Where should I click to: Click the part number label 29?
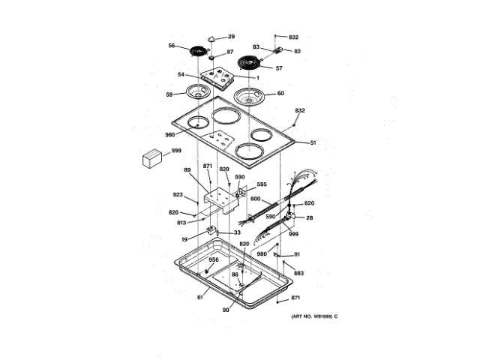[231, 37]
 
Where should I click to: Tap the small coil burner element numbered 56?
[198, 50]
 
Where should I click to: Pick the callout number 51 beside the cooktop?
[313, 142]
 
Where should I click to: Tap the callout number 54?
[181, 74]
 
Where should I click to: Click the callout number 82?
[297, 51]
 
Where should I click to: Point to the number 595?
[262, 184]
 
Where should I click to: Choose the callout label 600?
[255, 199]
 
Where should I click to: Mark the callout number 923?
[178, 195]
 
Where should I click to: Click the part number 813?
[181, 222]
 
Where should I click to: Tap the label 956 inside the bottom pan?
[213, 259]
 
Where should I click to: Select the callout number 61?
[199, 298]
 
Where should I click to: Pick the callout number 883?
[298, 273]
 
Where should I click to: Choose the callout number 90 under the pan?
[226, 308]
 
